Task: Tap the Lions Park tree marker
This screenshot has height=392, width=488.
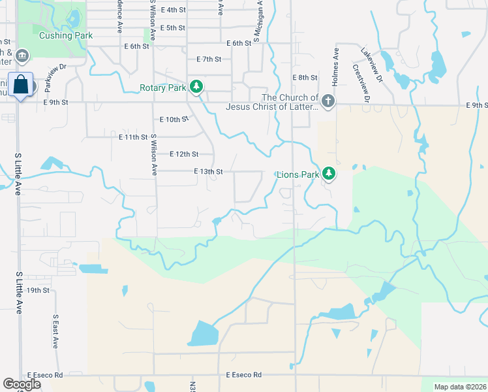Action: click(330, 174)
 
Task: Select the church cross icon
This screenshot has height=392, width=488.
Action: click(328, 101)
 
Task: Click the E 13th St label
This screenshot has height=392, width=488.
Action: click(209, 171)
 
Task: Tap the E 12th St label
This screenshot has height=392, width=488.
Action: click(183, 154)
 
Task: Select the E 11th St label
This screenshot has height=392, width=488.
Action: click(133, 137)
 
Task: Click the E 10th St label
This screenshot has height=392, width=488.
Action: click(174, 120)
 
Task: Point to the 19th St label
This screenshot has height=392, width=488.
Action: click(38, 290)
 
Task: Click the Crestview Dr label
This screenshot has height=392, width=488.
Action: click(361, 82)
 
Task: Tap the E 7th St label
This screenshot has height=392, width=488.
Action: click(209, 59)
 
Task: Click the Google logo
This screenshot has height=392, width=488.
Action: click(22, 384)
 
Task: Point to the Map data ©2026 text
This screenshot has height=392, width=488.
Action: click(460, 387)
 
